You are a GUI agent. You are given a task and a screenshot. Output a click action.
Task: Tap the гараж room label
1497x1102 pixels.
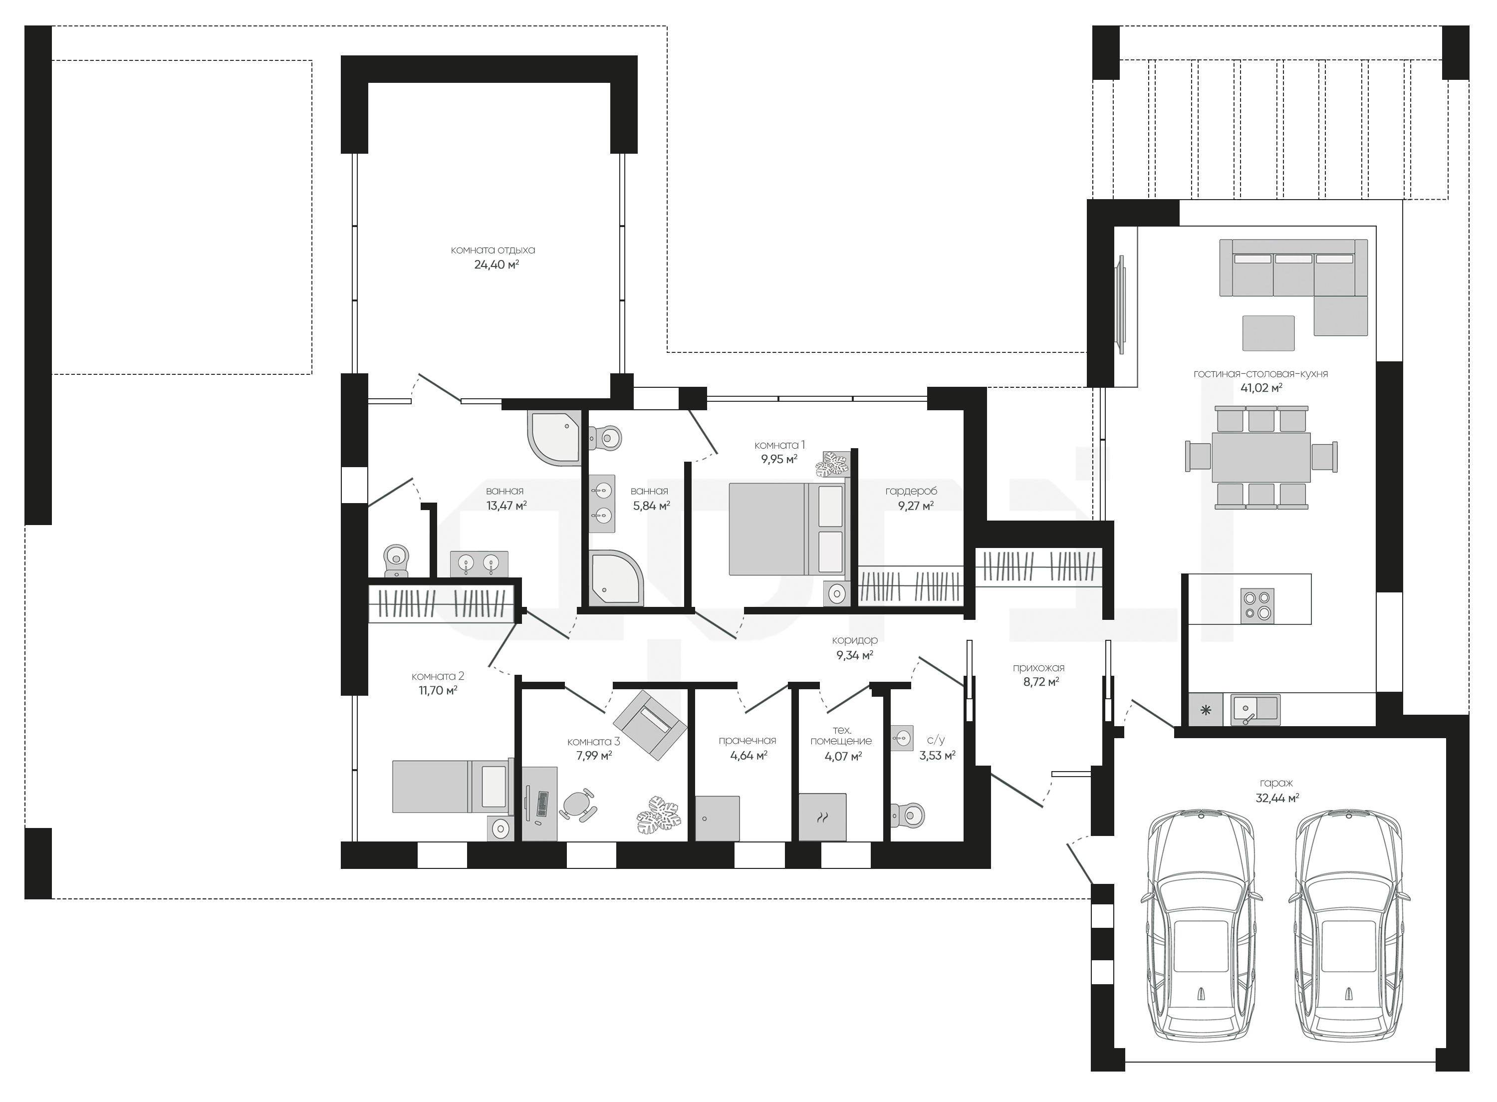[1276, 783]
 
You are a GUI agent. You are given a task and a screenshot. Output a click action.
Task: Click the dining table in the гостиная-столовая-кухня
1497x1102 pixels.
[1261, 458]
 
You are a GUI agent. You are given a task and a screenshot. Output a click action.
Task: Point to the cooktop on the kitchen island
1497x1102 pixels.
[1257, 606]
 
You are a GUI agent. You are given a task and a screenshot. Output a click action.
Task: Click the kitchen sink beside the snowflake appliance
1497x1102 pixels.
[1254, 710]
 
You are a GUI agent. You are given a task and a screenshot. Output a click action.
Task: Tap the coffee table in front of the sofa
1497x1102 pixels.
[1267, 333]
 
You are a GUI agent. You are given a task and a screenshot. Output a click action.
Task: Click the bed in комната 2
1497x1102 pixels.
[450, 787]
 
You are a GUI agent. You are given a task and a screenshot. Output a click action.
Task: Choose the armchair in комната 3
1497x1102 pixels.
[650, 725]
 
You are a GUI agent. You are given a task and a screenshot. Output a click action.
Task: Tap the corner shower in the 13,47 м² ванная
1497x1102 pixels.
[554, 437]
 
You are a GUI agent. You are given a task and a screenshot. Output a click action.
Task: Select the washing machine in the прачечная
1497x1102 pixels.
[718, 819]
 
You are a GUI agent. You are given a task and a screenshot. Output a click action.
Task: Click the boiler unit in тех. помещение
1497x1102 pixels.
[822, 817]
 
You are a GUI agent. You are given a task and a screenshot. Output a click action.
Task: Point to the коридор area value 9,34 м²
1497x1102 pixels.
[854, 656]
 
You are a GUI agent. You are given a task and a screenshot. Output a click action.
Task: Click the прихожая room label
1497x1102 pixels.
[1038, 667]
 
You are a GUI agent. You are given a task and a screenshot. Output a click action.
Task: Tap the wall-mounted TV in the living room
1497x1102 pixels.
[1122, 305]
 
